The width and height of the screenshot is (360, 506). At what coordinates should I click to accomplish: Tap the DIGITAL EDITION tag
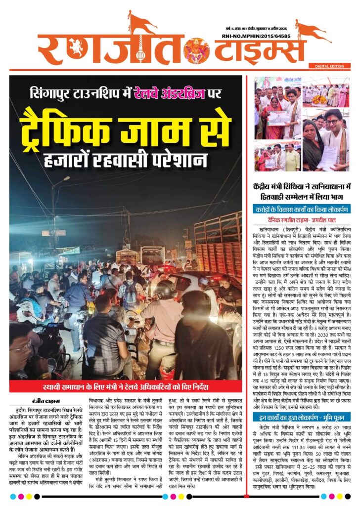coord(328,66)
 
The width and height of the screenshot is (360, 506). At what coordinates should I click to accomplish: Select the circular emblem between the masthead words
coord(196,49)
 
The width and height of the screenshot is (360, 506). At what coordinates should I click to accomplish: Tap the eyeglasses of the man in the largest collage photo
coord(332,122)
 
